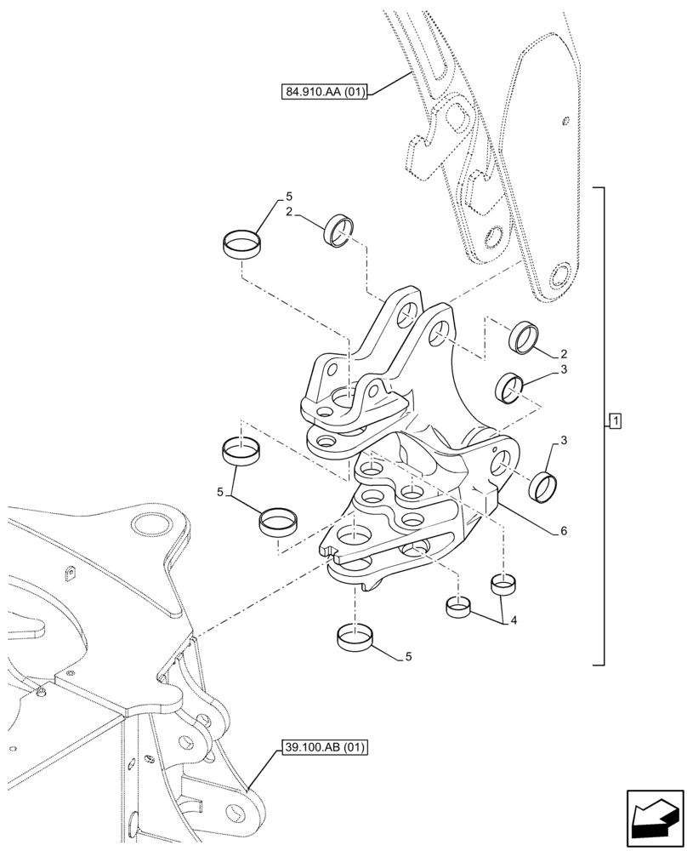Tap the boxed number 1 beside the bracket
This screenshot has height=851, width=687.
(x=615, y=420)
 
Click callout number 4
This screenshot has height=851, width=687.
(x=514, y=621)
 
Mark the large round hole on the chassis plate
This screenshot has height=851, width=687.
(x=155, y=523)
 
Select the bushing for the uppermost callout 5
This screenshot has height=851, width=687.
(x=241, y=243)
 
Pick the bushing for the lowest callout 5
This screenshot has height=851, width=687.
(x=353, y=636)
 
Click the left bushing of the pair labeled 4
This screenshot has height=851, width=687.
(x=458, y=606)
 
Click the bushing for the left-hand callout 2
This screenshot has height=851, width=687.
(x=340, y=230)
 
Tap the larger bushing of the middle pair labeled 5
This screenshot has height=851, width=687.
(x=278, y=520)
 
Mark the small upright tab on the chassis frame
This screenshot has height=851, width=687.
(x=71, y=575)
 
